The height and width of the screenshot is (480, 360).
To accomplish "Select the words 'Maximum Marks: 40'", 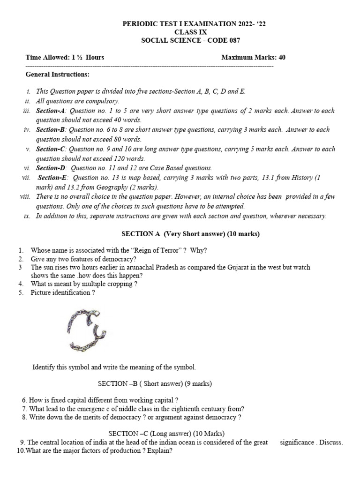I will click(253, 58).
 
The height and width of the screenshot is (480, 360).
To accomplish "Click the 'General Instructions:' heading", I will click(57, 75).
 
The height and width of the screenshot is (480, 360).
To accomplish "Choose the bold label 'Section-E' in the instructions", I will click(53, 178).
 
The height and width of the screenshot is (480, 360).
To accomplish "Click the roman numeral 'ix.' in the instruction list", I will click(27, 216).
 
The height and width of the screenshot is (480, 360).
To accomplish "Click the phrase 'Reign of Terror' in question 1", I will click(157, 250).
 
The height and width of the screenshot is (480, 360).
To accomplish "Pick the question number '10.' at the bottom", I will click(20, 451).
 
